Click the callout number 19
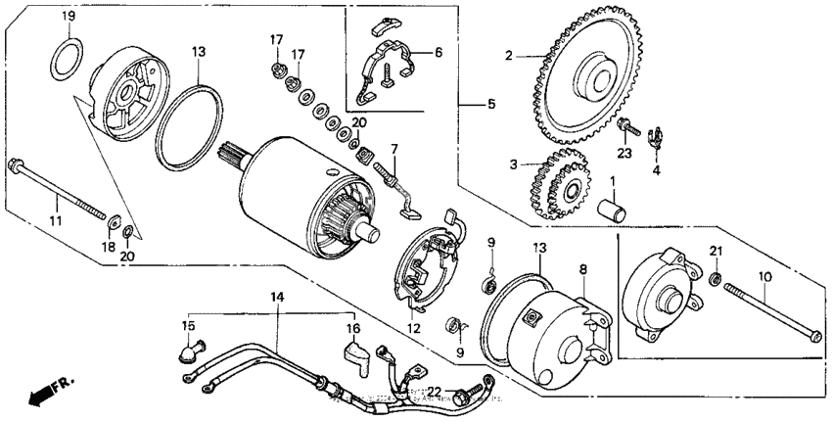[x=69, y=17]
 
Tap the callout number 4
[x=657, y=168]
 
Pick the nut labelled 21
[x=716, y=282]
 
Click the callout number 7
[x=394, y=149]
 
